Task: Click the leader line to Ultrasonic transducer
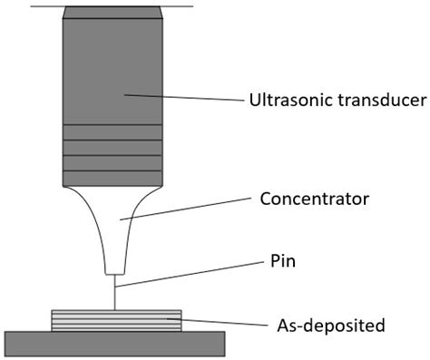(181, 96)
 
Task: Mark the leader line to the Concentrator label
(186, 208)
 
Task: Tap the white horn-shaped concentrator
(115, 218)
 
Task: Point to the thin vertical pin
(115, 292)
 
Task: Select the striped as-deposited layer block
(115, 320)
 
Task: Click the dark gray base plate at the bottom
(115, 343)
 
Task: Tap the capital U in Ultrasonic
(254, 99)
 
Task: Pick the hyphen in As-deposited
(291, 325)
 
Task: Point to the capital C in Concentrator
(266, 197)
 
